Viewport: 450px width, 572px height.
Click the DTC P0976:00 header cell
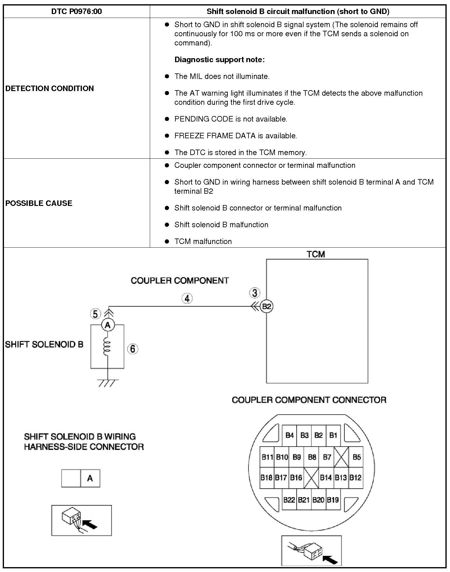76,12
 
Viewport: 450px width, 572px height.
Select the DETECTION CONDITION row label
50,88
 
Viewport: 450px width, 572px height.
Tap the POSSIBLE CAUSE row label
39,203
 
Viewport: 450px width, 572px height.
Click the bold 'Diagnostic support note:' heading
220,60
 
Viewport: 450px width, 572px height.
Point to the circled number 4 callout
187,298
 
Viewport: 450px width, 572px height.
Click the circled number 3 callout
255,293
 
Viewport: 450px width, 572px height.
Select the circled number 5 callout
95,314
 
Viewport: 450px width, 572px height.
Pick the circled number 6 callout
132,349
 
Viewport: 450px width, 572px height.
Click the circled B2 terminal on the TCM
267,306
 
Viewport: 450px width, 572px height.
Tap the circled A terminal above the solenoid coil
107,325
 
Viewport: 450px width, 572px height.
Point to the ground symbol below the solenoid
107,383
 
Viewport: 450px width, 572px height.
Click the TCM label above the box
316,254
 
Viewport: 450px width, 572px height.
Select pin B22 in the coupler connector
289,500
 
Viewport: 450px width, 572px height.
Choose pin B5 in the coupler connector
357,457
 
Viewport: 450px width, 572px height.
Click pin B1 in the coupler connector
333,435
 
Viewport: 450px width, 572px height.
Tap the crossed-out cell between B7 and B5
341,457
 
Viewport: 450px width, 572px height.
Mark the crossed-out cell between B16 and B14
311,478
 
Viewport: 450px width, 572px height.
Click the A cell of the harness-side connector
90,478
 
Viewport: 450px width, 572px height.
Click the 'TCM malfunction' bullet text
203,242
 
